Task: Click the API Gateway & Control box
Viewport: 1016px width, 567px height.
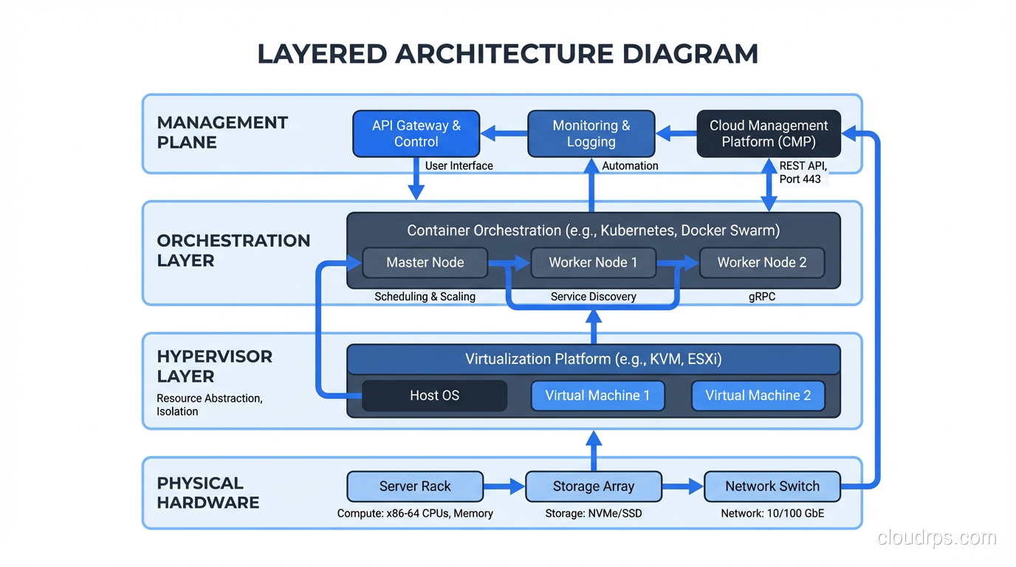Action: (416, 134)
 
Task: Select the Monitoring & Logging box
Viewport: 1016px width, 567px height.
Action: (591, 134)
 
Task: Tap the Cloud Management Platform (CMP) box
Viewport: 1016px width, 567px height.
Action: (769, 134)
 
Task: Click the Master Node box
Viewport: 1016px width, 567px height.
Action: (425, 263)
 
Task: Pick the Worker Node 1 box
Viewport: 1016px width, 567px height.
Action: (593, 263)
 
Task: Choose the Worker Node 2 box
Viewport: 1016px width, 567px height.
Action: (761, 263)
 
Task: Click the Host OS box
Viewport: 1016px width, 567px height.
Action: (434, 396)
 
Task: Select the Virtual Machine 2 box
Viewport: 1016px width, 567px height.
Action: (758, 396)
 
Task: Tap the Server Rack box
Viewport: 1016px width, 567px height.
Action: (415, 487)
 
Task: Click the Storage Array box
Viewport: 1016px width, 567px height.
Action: (593, 487)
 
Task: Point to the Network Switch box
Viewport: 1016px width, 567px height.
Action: (772, 487)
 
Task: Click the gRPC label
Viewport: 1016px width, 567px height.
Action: (761, 297)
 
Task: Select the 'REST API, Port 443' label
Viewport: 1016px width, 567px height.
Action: (803, 173)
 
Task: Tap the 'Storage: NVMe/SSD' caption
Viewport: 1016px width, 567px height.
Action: (593, 513)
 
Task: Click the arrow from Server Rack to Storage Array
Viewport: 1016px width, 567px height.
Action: (504, 487)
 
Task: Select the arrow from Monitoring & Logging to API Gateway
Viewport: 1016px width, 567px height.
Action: (504, 134)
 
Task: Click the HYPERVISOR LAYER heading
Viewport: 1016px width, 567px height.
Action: (214, 366)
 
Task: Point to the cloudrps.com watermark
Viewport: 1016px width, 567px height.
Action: (936, 537)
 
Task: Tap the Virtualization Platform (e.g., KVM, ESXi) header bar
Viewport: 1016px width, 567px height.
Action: (593, 360)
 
